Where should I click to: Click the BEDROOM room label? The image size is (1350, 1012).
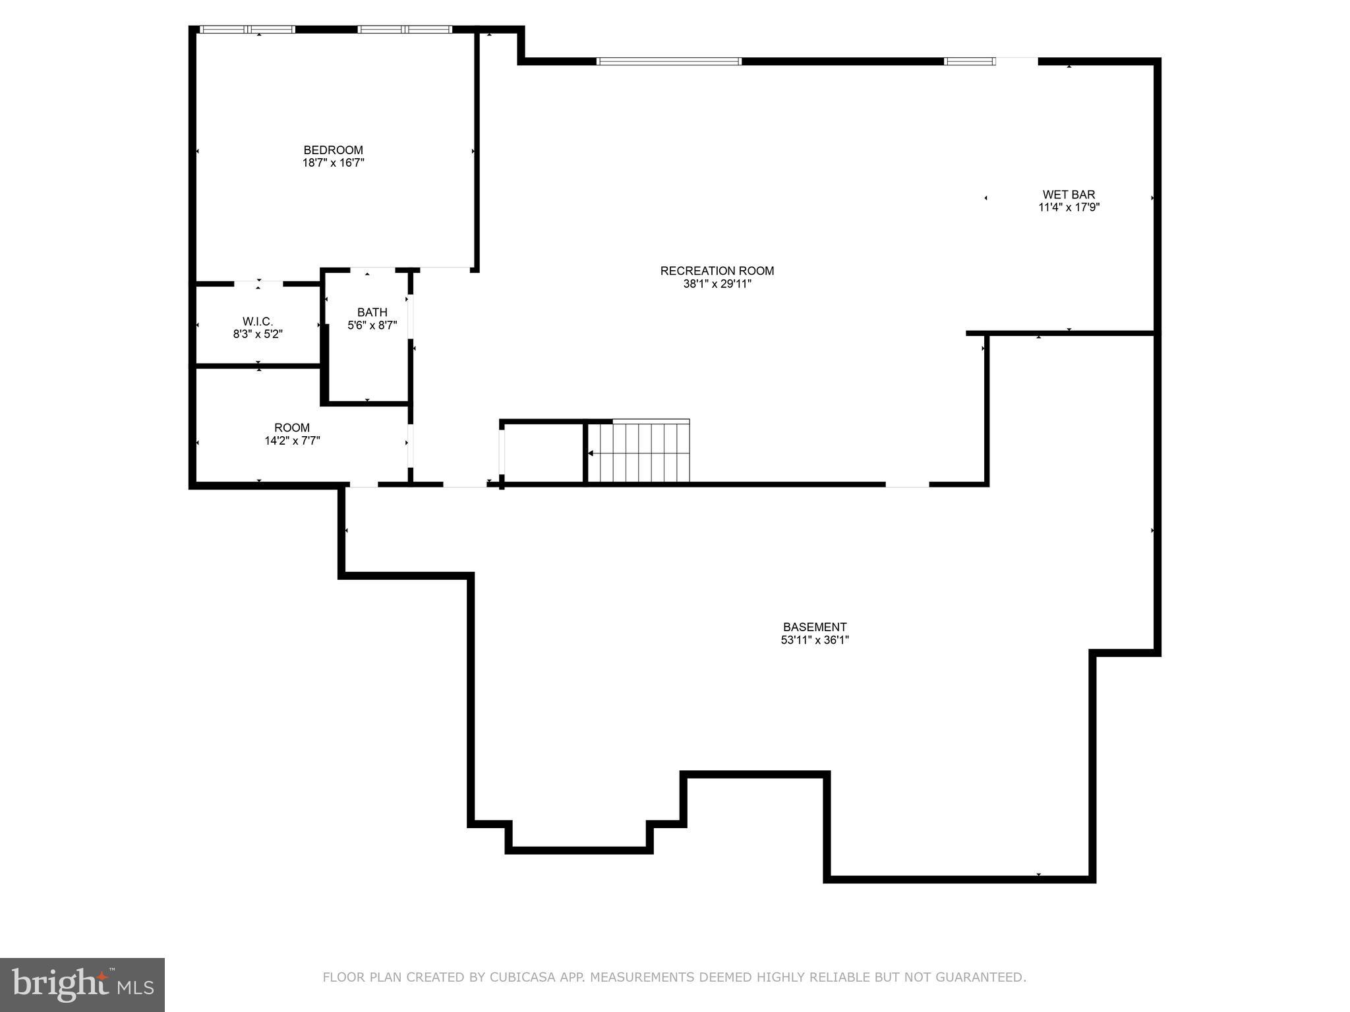tap(333, 150)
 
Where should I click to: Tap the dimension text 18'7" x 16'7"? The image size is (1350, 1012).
tap(333, 163)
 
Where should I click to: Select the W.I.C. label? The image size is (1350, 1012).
tap(257, 322)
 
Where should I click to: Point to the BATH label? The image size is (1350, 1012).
tap(372, 312)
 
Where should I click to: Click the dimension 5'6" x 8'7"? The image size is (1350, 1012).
tap(372, 325)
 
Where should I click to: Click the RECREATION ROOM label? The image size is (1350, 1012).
tap(717, 271)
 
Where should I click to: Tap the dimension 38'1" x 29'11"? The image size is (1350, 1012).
tap(717, 284)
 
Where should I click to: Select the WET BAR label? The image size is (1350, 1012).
tap(1068, 195)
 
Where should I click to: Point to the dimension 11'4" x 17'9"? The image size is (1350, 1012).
tap(1068, 208)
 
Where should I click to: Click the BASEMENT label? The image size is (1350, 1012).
tap(814, 627)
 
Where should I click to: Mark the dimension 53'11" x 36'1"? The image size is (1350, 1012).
tap(814, 640)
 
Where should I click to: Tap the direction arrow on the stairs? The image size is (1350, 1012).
tap(591, 453)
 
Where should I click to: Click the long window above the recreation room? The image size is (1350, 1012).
tap(668, 61)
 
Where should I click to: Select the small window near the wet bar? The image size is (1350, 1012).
tap(968, 61)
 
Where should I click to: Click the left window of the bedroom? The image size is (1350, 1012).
tap(247, 29)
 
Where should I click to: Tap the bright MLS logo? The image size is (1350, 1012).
tap(82, 984)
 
